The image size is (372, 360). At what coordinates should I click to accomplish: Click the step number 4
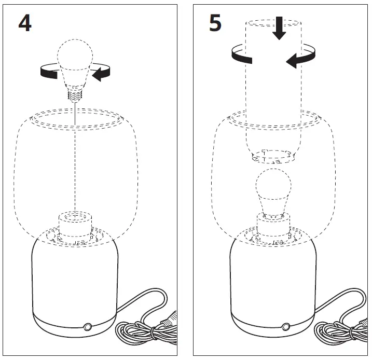24,23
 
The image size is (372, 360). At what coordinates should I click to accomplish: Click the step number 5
215,23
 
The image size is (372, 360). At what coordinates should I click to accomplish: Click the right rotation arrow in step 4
102,73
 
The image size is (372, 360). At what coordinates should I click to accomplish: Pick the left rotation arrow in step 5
241,54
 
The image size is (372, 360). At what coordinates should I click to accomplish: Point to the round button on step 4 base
87,327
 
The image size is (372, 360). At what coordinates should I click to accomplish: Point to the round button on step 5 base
285,327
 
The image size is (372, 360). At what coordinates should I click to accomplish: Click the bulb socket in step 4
76,223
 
